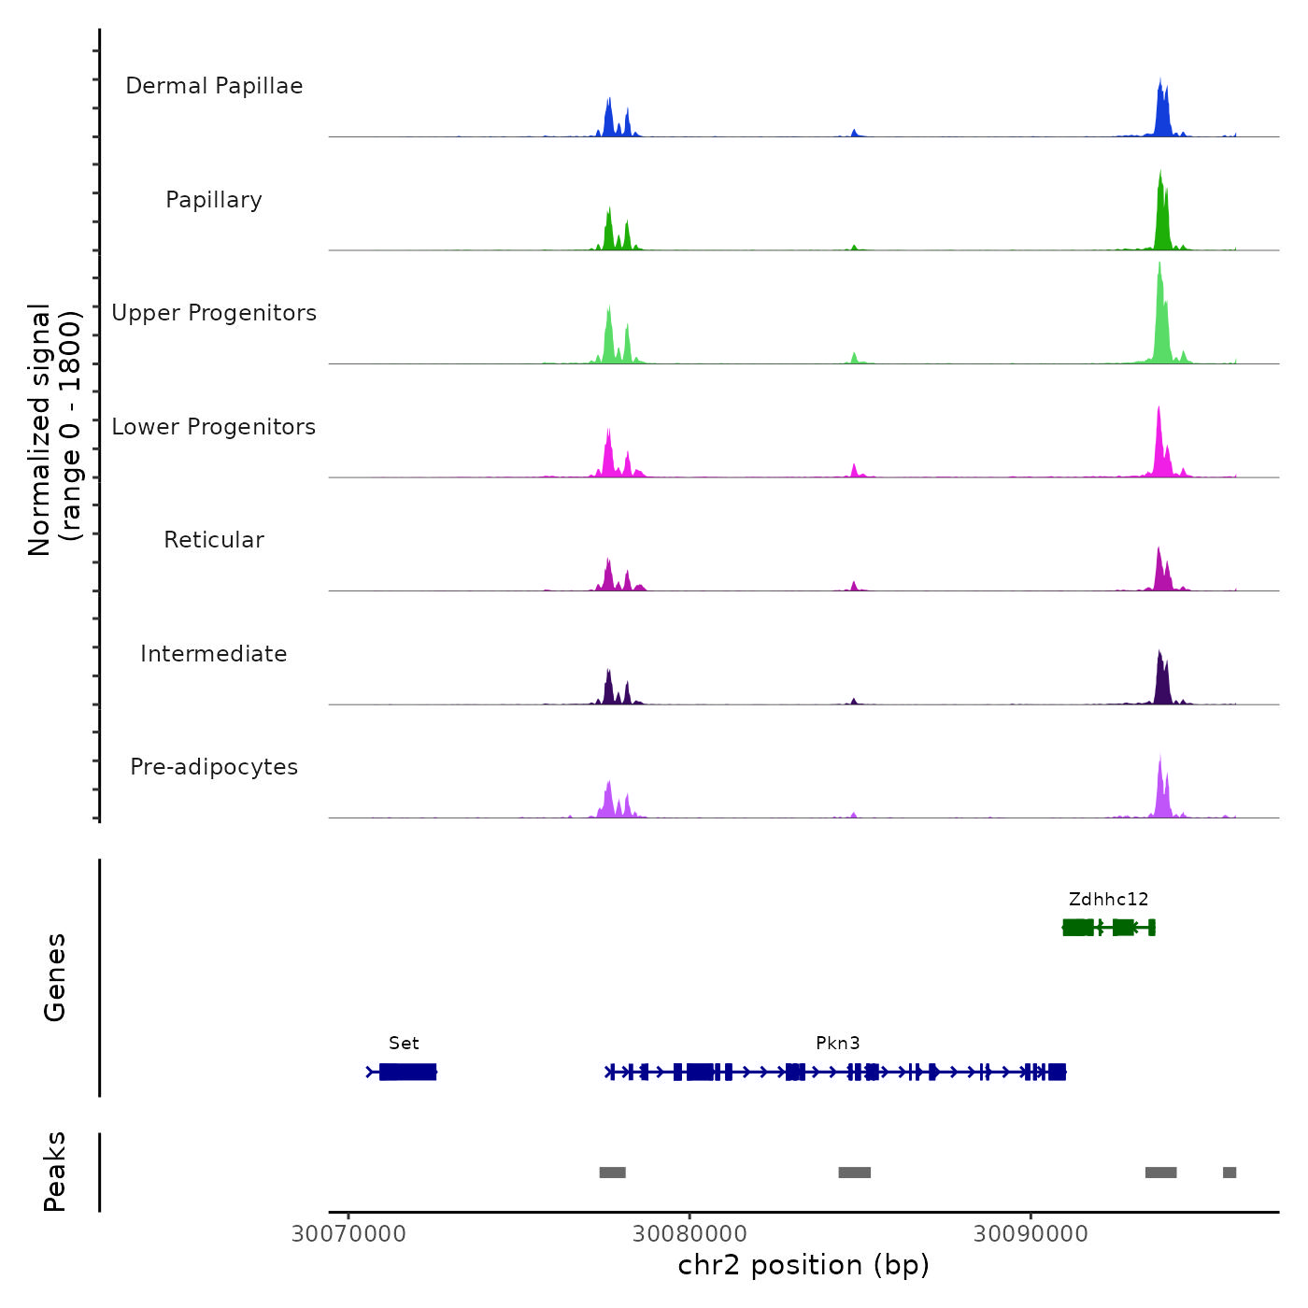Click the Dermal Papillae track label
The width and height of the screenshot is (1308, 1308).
(x=214, y=86)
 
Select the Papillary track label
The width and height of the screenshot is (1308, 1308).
(x=214, y=200)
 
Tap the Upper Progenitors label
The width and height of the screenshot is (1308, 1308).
(x=214, y=313)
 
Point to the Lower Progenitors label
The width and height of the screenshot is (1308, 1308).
(x=214, y=427)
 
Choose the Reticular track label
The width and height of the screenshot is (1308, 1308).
(x=214, y=540)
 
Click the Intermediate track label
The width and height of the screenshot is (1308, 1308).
(x=214, y=654)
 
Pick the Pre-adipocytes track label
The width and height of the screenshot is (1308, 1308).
(x=214, y=767)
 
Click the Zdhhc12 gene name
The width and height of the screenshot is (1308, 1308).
(x=1108, y=899)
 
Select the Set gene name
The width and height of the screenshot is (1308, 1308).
(x=404, y=1043)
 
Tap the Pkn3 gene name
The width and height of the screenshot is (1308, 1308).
(x=837, y=1043)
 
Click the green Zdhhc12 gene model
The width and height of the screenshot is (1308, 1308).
(x=1108, y=927)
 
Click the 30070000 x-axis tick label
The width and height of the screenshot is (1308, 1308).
(x=348, y=1233)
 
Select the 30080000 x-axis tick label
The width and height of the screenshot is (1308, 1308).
(x=690, y=1233)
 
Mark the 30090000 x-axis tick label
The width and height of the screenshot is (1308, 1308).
(x=1031, y=1233)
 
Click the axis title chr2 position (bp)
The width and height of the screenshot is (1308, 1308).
(x=803, y=1265)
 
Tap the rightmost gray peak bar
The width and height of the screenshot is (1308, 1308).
(x=1230, y=1173)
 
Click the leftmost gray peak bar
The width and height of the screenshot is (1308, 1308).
(x=612, y=1173)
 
